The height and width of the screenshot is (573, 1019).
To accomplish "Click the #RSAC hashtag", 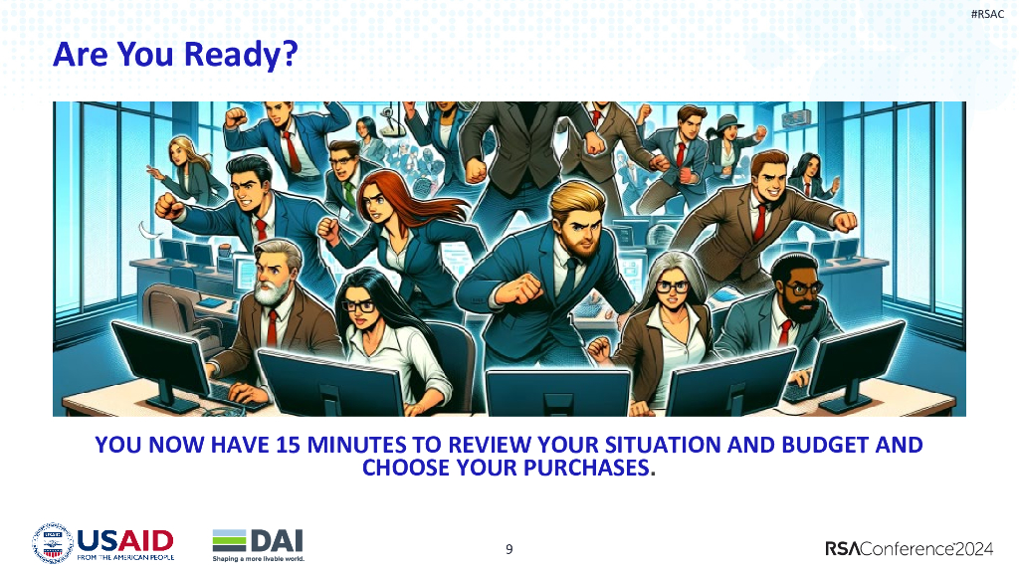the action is pos(987,14).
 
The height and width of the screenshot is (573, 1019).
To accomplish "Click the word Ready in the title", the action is pos(237,55).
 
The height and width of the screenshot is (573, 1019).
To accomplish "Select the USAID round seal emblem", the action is pos(53,542).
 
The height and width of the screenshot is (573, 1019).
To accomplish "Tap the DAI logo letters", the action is pos(277,540).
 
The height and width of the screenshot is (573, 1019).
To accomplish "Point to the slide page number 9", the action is pos(509,549).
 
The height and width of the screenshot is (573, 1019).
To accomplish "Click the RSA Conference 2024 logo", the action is pos(909,549).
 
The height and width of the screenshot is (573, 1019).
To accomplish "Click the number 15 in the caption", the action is pos(288,445).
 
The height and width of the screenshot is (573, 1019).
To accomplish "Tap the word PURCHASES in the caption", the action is pos(586,468).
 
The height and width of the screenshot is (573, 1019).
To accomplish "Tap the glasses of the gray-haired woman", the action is pos(672,286).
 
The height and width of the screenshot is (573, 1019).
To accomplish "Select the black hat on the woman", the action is pos(727,122).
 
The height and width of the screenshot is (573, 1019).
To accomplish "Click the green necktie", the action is pos(350,194).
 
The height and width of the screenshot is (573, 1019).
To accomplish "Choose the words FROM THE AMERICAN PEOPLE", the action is pos(125,557).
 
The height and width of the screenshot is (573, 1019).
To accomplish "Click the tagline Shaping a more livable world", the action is pos(258,559).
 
